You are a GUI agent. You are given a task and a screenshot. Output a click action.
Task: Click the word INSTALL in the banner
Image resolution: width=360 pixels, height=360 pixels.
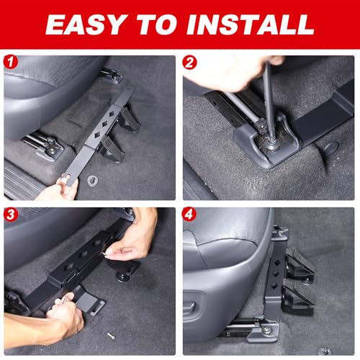point(251,24)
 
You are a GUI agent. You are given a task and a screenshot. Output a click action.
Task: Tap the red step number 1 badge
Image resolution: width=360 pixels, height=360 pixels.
point(11,63)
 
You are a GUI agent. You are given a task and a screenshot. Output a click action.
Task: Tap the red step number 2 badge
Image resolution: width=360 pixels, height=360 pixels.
point(189,63)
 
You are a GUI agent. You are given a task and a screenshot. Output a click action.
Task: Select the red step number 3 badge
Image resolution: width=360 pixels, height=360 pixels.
point(11,215)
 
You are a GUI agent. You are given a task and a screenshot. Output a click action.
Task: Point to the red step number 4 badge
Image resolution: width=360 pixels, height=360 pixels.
point(189,214)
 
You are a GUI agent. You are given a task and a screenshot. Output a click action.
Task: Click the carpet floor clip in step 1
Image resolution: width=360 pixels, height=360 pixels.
point(92,180)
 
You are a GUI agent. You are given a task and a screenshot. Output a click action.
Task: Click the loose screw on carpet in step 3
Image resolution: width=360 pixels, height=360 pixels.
point(111,336)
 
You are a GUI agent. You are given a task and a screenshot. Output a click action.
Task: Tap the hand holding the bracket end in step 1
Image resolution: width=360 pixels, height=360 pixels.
point(60,189)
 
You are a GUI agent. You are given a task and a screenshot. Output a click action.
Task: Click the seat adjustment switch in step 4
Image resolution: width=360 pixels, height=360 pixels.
point(189,308)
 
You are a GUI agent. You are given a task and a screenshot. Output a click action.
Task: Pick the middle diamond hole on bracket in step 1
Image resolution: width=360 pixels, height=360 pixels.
point(104,124)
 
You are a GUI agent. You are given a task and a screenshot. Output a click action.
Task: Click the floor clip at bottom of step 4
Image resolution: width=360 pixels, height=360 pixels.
point(327,351)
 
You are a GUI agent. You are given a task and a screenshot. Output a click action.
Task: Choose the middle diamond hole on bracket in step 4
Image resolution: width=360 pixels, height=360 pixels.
point(275,274)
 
